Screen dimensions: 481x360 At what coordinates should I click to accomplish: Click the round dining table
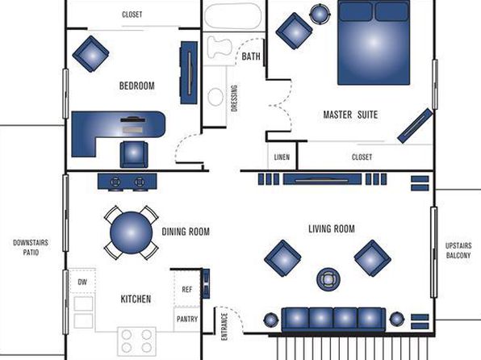click(132, 232)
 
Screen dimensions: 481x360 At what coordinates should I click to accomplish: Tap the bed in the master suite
click(374, 43)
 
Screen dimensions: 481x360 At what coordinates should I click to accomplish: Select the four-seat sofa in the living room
click(333, 320)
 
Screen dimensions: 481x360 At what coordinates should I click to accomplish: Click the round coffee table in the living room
click(328, 279)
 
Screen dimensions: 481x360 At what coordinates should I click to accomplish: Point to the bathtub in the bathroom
click(233, 16)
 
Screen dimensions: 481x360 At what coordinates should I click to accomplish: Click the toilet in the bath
click(219, 48)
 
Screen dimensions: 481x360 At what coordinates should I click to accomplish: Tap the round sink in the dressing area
click(215, 97)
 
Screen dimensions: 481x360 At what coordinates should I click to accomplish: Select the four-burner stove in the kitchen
click(136, 341)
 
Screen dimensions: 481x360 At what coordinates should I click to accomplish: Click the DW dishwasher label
click(82, 282)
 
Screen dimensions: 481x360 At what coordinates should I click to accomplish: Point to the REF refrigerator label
click(186, 290)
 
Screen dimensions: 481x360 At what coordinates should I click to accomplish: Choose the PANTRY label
click(187, 319)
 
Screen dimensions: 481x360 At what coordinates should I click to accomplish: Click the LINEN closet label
click(282, 157)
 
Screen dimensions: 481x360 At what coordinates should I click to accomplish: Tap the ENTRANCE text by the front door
click(224, 327)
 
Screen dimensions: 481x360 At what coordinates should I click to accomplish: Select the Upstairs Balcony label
click(458, 250)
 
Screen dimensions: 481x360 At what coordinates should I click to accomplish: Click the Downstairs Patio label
click(31, 247)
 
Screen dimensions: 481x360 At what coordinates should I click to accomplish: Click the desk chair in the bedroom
click(134, 154)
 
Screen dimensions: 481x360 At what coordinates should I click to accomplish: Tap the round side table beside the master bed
click(320, 14)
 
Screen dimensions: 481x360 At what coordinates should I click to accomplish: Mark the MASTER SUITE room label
click(350, 115)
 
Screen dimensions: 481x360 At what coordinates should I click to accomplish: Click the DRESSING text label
click(234, 98)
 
